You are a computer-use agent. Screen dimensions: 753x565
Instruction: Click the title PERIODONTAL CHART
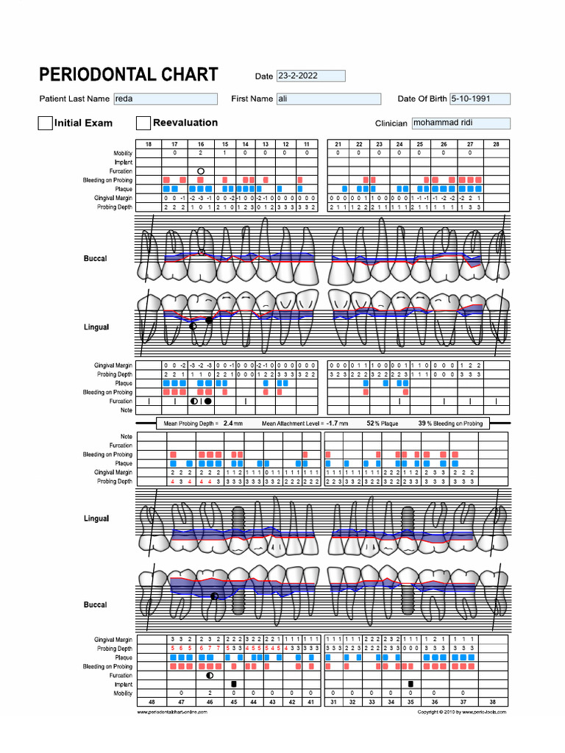click(128, 75)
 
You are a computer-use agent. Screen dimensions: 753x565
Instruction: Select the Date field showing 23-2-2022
click(310, 76)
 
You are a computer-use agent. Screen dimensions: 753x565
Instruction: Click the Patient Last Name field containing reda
click(165, 99)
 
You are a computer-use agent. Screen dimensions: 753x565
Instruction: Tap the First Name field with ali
click(328, 99)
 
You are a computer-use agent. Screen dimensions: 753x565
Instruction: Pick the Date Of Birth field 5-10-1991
click(480, 99)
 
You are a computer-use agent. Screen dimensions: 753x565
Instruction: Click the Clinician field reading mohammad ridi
click(461, 124)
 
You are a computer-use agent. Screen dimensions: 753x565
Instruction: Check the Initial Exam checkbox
click(45, 123)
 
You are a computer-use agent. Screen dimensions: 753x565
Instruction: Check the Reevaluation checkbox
click(143, 123)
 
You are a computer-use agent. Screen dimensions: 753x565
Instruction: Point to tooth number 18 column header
click(149, 144)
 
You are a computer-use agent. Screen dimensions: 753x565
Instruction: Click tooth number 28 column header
click(496, 144)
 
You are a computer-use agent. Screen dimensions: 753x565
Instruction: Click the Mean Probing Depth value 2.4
click(228, 424)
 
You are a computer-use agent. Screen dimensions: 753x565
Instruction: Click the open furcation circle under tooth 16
click(200, 171)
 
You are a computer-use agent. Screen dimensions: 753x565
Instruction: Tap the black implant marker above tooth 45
click(234, 684)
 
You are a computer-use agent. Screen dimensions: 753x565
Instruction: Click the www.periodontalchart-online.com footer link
click(177, 712)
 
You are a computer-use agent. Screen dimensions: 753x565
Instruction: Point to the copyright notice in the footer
click(462, 712)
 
